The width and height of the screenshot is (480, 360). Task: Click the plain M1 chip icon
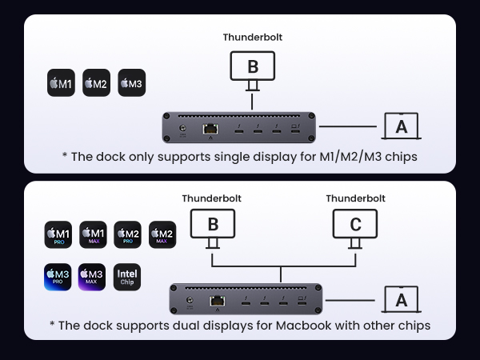tap(61, 83)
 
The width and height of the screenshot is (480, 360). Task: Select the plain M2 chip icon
tap(96, 83)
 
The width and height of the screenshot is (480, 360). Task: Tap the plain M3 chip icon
tap(132, 83)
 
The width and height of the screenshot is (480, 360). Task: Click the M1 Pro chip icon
tap(58, 234)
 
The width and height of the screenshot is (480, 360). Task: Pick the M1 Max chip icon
tap(93, 234)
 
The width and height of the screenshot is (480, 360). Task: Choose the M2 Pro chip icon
tap(127, 234)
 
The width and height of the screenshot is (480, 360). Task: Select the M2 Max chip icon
tap(162, 234)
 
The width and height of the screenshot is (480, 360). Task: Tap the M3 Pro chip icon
tap(58, 278)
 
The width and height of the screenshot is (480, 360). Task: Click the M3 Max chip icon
tap(93, 278)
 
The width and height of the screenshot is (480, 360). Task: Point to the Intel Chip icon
tap(128, 278)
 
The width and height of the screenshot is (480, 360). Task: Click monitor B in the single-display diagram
tap(252, 66)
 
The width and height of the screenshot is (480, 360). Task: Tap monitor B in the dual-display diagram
tap(212, 224)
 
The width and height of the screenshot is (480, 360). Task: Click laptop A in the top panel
tap(401, 126)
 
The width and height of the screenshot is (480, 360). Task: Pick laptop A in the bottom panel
tap(401, 299)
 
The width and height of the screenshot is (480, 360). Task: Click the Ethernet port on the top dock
tap(210, 128)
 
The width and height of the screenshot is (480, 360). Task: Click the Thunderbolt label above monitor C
tap(355, 198)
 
